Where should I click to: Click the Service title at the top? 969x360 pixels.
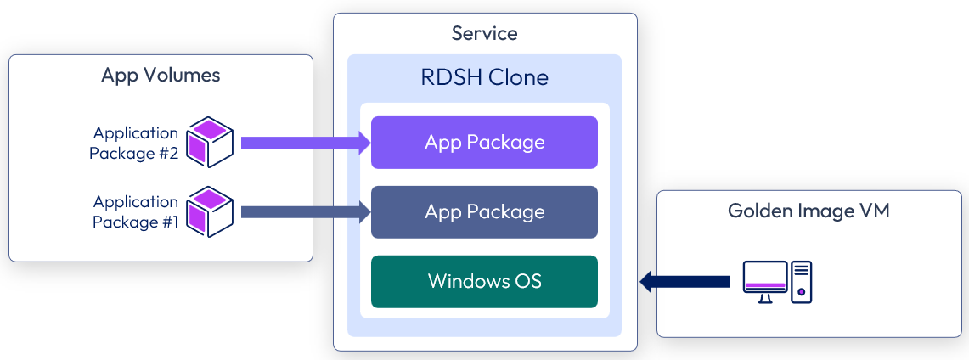(x=484, y=34)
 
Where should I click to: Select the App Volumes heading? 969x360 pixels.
(x=161, y=75)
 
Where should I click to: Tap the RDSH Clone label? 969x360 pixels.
(x=484, y=78)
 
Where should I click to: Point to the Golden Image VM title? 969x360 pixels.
(x=808, y=211)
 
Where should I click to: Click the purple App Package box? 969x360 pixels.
(x=484, y=142)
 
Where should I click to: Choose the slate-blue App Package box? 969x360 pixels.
(x=484, y=211)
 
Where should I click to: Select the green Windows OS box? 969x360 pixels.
(x=484, y=281)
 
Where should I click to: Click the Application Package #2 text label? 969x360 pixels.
(x=136, y=143)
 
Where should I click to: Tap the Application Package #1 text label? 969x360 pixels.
(x=136, y=212)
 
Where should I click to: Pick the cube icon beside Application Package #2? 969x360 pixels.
(x=209, y=142)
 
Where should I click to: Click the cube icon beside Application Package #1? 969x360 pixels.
(x=209, y=211)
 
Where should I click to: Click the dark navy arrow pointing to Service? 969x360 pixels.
(x=684, y=281)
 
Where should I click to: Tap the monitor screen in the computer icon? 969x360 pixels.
(x=763, y=278)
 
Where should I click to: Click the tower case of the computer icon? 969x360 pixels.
(x=801, y=282)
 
